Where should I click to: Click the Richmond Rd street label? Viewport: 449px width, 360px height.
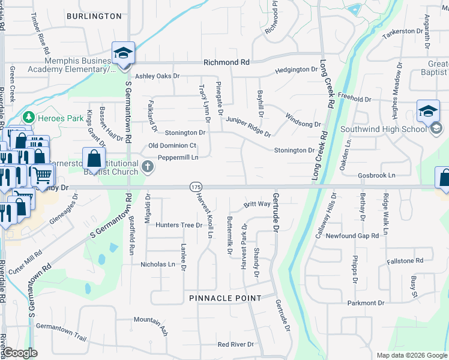(226, 62)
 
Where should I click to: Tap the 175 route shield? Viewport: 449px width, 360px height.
(196, 188)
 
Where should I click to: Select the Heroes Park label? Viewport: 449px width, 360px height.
(61, 118)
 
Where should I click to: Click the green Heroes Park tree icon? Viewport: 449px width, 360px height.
(28, 117)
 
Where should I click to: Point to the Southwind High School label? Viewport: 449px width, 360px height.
(383, 129)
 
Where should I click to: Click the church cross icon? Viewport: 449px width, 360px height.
(149, 167)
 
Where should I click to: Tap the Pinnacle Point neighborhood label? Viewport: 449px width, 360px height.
(225, 298)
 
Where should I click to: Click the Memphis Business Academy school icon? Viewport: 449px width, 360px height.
(123, 53)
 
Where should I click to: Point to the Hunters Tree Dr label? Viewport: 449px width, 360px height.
(179, 225)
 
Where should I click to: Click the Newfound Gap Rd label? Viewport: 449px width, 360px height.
(352, 236)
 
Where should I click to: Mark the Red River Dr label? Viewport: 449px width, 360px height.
(236, 344)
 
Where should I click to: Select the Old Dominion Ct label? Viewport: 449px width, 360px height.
(172, 146)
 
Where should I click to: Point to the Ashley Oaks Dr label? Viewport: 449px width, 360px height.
(157, 76)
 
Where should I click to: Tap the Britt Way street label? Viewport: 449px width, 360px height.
(257, 205)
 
